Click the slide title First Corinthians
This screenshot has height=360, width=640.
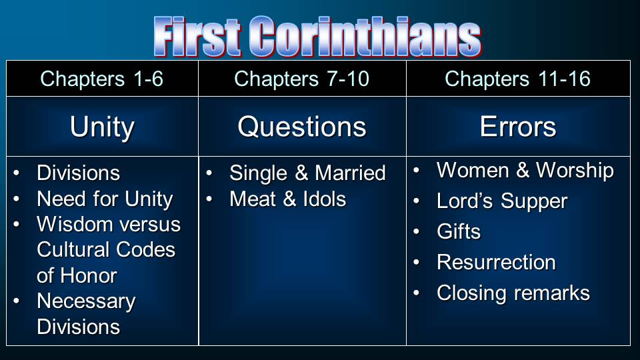point(317,37)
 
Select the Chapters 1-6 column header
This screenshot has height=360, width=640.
point(101,79)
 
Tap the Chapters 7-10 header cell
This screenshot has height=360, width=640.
point(301,79)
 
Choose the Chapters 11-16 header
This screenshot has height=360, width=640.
point(517,79)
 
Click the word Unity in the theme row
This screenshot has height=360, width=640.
point(102,127)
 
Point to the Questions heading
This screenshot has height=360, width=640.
point(302,127)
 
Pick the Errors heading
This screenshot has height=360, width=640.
point(518,127)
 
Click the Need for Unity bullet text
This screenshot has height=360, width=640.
point(105,199)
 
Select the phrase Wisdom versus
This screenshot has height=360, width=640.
point(109,224)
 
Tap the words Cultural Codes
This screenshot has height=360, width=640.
point(106,250)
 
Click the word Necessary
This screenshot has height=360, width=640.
point(86,302)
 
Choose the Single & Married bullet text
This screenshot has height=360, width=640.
point(307,173)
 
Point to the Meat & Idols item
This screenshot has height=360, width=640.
point(288,199)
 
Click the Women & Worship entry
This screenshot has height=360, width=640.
point(525,171)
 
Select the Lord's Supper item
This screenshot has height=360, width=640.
point(502,201)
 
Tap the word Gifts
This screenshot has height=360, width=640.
point(459,231)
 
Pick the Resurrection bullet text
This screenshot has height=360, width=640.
point(496,262)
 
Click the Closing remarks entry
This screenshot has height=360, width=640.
point(513,293)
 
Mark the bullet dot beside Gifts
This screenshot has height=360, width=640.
point(416,232)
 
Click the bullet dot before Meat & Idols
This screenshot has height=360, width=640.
point(209,199)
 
